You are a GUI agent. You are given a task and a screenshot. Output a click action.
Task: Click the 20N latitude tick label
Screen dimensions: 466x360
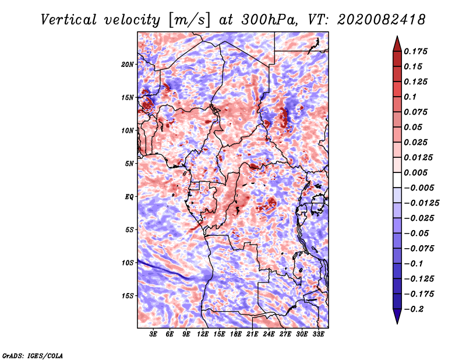[128, 65]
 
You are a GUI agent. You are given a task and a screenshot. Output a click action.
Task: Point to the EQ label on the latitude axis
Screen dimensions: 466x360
[129, 197]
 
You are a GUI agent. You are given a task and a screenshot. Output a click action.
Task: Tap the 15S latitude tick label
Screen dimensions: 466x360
[128, 296]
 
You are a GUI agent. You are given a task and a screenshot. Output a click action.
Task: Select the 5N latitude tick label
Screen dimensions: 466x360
[129, 164]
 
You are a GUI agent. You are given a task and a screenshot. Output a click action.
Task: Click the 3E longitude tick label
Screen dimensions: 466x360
[153, 334]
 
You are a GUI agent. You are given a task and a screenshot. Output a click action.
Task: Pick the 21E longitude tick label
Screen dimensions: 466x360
[252, 334]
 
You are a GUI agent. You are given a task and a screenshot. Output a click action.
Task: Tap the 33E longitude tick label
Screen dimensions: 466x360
[318, 334]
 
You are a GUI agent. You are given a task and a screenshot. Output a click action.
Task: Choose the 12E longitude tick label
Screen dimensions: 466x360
[203, 334]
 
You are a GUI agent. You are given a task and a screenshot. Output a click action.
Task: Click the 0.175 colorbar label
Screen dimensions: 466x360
[415, 52]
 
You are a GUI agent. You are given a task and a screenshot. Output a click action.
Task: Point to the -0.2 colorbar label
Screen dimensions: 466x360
[414, 309]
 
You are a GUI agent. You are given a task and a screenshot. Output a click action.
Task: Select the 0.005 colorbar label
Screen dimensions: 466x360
[415, 173]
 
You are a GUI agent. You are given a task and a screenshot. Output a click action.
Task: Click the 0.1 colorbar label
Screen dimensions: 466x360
[410, 97]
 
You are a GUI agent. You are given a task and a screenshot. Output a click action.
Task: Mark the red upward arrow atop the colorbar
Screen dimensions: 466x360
[397, 44]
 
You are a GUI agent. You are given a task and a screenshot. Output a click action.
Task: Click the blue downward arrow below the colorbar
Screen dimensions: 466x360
[397, 316]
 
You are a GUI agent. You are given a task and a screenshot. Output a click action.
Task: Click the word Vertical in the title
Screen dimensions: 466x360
[69, 20]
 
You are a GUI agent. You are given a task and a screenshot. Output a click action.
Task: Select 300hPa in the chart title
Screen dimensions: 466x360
[269, 20]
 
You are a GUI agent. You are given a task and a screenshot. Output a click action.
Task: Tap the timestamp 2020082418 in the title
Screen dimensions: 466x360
[382, 20]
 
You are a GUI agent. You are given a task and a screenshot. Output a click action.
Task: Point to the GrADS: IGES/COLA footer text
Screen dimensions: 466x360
[33, 356]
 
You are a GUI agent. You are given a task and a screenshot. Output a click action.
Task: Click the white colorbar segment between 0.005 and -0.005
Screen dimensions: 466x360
[397, 180]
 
